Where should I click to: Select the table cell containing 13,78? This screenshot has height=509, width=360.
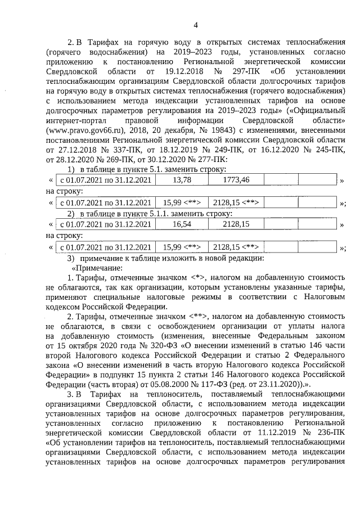pos(182,179)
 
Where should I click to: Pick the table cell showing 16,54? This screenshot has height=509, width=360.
pos(182,224)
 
